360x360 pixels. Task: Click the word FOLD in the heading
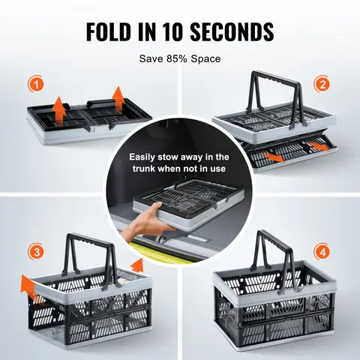[x=112, y=32]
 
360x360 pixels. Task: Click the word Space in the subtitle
[x=206, y=57]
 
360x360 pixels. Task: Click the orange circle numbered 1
[x=36, y=84]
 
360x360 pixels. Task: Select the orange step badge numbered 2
[x=322, y=84]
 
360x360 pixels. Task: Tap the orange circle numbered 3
[x=36, y=250]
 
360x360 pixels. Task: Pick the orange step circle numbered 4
[x=322, y=250]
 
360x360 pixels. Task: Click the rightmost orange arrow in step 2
[x=321, y=147]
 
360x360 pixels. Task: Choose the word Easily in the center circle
[x=146, y=157]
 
